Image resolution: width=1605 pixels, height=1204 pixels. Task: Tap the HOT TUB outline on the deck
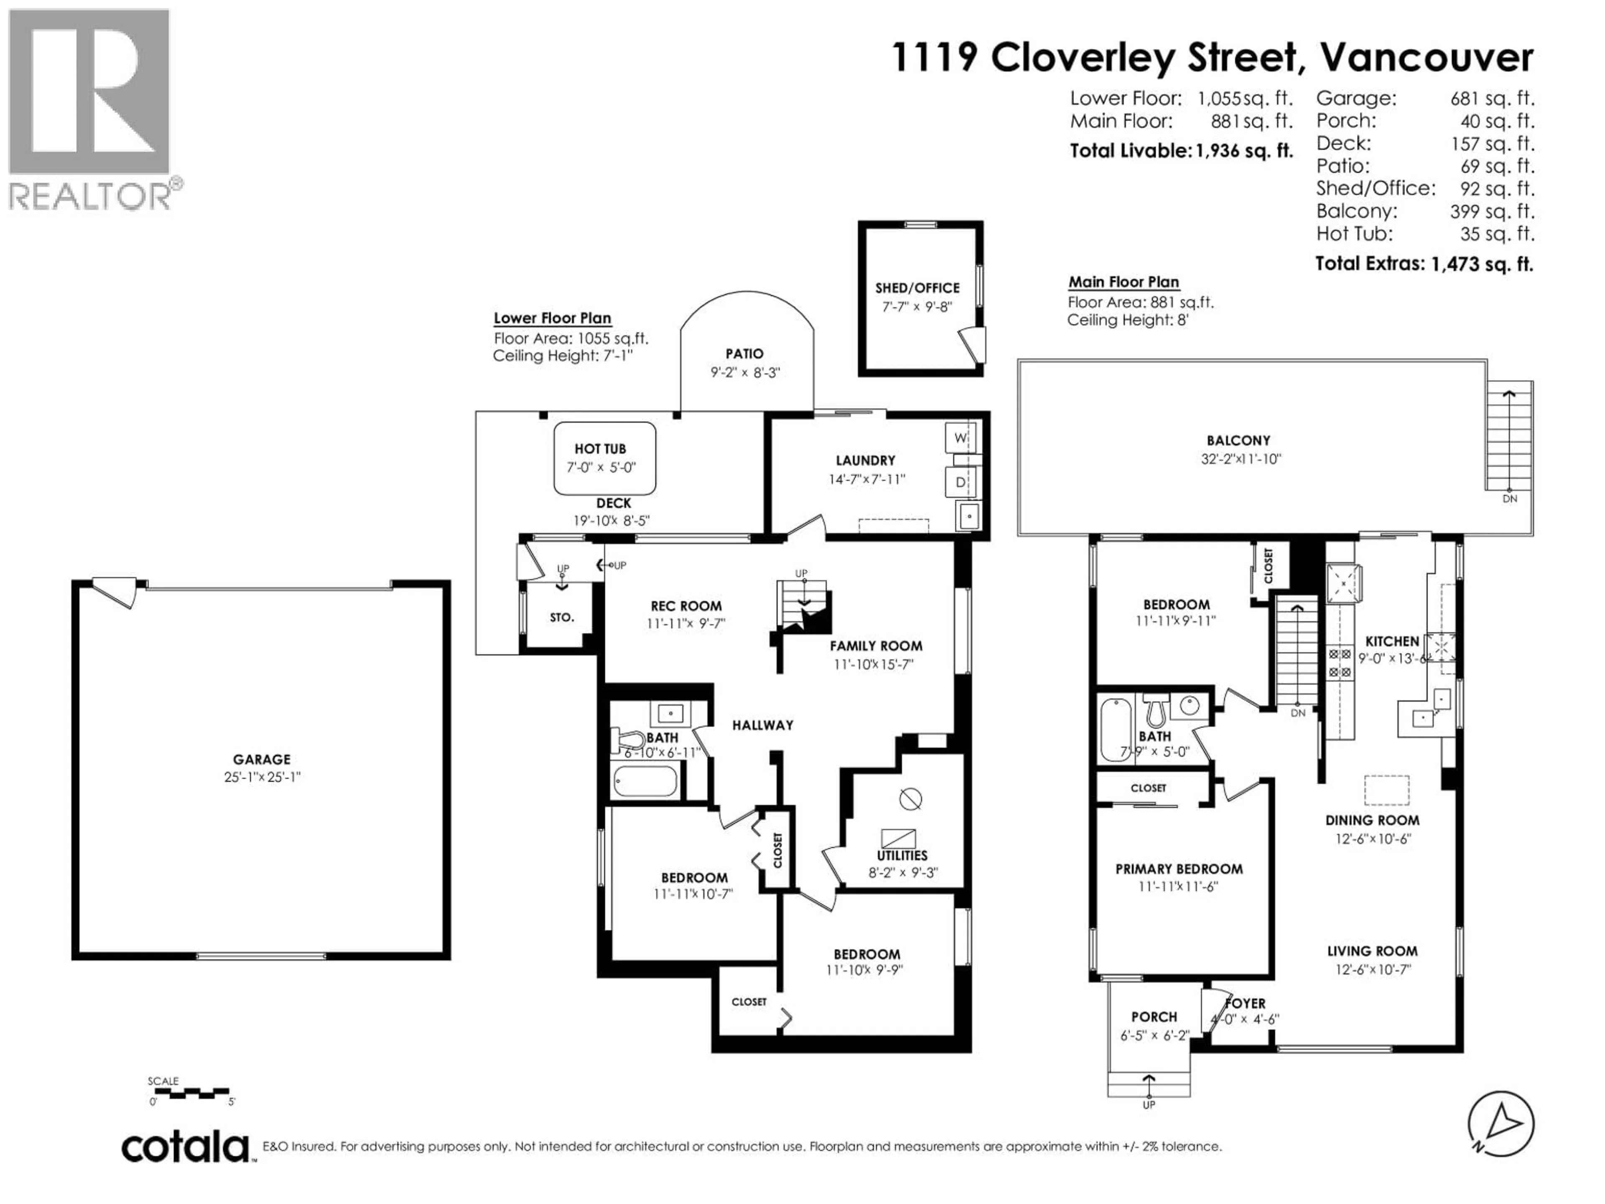[x=604, y=459]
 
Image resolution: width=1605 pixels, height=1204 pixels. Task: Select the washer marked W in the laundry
[x=960, y=438]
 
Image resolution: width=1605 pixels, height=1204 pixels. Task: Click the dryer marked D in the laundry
[x=960, y=482]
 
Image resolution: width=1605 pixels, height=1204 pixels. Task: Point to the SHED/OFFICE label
[x=917, y=288]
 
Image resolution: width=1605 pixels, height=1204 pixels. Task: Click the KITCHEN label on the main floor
[x=1392, y=641]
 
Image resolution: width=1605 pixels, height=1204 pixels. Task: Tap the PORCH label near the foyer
[x=1154, y=1017]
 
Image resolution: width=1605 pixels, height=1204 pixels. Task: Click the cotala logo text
[x=185, y=1148]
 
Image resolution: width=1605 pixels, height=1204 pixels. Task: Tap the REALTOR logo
[x=91, y=109]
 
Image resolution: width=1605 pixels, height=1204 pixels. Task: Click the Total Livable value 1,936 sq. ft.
[x=1243, y=151]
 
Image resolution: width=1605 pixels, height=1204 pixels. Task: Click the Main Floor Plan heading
[x=1123, y=282]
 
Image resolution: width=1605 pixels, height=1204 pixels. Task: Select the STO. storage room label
[x=562, y=617]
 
